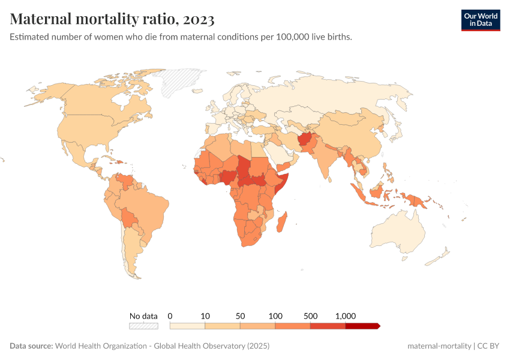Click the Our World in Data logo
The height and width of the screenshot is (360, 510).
[480, 20]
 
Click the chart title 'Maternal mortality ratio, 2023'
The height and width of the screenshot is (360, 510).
[112, 19]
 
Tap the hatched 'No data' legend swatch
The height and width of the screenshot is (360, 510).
[143, 326]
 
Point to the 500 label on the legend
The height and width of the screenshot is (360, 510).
[310, 316]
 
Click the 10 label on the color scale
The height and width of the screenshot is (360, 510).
[205, 316]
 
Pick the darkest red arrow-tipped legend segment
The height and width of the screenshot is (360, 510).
[362, 326]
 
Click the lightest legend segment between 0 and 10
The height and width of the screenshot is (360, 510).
[188, 326]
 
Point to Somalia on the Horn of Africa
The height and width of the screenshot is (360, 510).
[281, 180]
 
